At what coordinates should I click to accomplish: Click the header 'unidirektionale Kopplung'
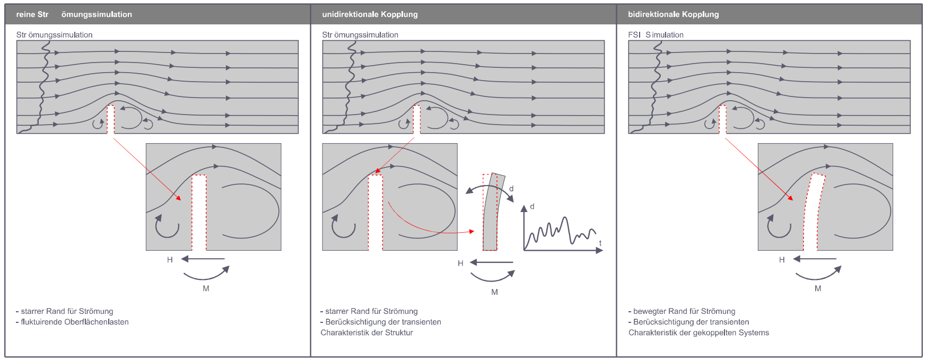(370, 14)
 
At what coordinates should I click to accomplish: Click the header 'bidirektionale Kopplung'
(673, 14)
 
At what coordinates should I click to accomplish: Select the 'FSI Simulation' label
(656, 35)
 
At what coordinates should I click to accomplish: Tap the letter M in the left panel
(206, 288)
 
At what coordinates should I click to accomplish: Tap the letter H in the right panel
(782, 260)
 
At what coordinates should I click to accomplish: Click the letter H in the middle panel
(460, 263)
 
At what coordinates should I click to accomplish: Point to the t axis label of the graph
(600, 243)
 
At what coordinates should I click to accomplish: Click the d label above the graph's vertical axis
(532, 206)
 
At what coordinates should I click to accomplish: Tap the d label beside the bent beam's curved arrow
(511, 189)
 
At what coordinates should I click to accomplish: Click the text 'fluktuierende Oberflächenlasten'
(74, 322)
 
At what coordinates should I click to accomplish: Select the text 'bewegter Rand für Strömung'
(684, 311)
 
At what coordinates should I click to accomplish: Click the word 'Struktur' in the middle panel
(399, 332)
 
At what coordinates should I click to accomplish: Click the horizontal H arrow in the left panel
(203, 259)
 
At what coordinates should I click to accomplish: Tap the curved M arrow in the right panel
(818, 274)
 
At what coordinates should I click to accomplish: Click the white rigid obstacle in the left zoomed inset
(199, 212)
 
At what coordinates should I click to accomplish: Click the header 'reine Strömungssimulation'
(74, 14)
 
